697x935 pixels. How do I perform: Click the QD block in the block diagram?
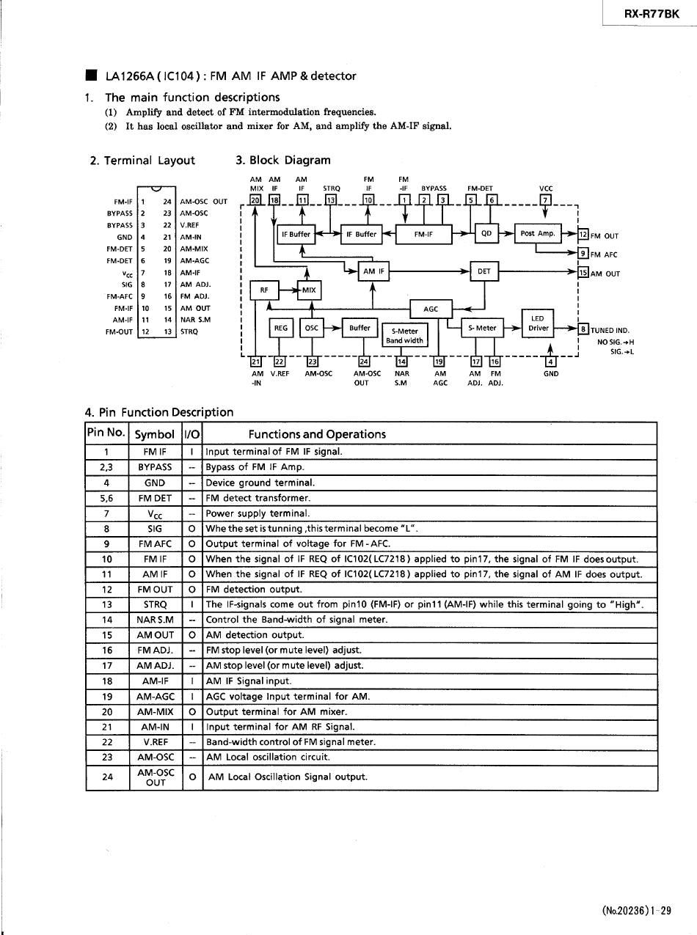pyautogui.click(x=486, y=233)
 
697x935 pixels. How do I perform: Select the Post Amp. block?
pyautogui.click(x=538, y=233)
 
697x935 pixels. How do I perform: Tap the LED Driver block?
pyautogui.click(x=538, y=323)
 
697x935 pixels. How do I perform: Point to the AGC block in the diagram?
pyautogui.click(x=431, y=309)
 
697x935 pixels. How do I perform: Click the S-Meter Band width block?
pyautogui.click(x=404, y=336)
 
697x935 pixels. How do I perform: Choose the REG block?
pyautogui.click(x=281, y=328)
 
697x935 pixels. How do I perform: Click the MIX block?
pyautogui.click(x=310, y=290)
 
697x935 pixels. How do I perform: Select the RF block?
pyautogui.click(x=265, y=290)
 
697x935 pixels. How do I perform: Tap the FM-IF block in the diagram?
pyautogui.click(x=423, y=234)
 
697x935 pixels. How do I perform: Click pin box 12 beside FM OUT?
pyautogui.click(x=583, y=235)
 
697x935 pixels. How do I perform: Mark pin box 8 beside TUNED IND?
pyautogui.click(x=583, y=329)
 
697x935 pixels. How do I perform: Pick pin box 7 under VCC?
pyautogui.click(x=546, y=199)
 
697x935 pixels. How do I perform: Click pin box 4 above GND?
pyautogui.click(x=550, y=362)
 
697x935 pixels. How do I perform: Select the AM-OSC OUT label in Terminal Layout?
pyautogui.click(x=203, y=202)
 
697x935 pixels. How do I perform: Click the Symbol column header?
pyautogui.click(x=154, y=434)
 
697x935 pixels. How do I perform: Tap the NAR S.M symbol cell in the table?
pyautogui.click(x=156, y=620)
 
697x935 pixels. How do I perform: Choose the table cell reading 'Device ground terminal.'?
pyautogui.click(x=260, y=483)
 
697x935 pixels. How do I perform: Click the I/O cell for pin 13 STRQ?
pyautogui.click(x=192, y=604)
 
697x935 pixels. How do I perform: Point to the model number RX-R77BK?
pyautogui.click(x=652, y=14)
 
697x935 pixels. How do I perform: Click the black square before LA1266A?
pyautogui.click(x=91, y=75)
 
